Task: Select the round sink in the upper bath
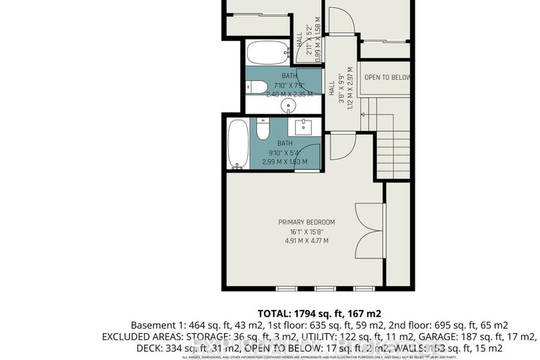click(x=289, y=106)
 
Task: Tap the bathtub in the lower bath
click(x=238, y=144)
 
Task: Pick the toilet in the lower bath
click(x=263, y=130)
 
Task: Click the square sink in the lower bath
click(x=306, y=127)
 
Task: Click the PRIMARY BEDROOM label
click(x=306, y=222)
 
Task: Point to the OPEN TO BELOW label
click(x=387, y=77)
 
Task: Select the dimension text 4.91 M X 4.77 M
click(x=306, y=241)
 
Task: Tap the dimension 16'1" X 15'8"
click(x=306, y=232)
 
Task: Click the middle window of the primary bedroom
click(x=325, y=289)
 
